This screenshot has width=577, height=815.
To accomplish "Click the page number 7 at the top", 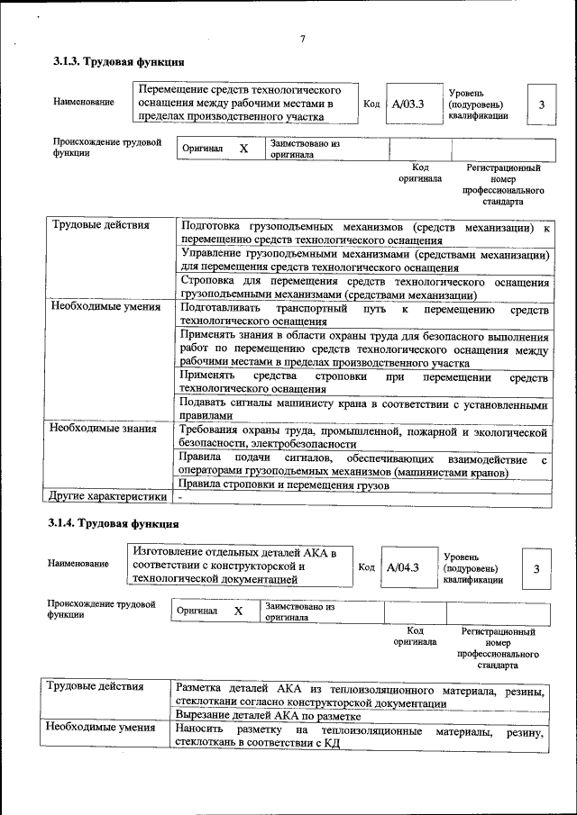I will (303, 38).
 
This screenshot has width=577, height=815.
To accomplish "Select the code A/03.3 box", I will (408, 104).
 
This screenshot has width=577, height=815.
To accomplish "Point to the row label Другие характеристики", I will (109, 495).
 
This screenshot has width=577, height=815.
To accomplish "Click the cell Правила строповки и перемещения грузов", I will (285, 486).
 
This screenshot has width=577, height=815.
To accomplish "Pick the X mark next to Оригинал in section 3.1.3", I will (243, 148).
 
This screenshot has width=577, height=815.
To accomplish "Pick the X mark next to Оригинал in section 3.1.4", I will (238, 611).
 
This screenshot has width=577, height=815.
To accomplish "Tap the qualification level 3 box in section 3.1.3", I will (542, 104).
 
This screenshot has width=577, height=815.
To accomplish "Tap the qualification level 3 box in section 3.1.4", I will (536, 568).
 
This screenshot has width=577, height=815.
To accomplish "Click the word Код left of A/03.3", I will (371, 104).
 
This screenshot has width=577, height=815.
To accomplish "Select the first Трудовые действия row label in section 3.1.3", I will (100, 225).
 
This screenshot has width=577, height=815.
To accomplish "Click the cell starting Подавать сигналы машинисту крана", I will (364, 411).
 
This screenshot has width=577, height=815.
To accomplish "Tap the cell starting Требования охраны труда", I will (364, 439).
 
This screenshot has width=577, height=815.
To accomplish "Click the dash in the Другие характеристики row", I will (180, 496).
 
